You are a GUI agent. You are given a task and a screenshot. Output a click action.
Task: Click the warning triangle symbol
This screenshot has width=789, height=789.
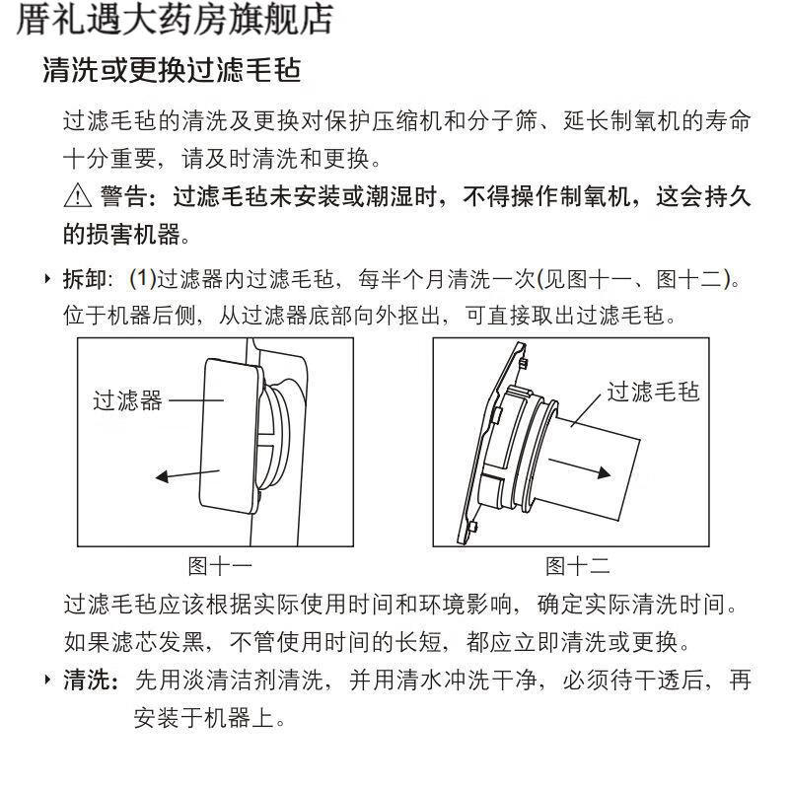[78, 195]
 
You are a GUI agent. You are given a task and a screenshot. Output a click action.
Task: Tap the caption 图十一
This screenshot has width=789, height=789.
[220, 566]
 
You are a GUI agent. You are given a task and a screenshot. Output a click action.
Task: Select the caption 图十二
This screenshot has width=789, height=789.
[578, 566]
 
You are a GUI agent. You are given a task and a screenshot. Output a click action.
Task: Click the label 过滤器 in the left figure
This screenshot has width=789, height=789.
[128, 400]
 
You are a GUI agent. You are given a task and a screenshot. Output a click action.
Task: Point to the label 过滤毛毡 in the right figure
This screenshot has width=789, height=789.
[653, 392]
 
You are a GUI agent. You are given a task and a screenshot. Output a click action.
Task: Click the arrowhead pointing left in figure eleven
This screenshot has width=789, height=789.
[162, 476]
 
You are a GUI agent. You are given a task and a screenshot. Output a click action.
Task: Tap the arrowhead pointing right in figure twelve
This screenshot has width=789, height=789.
[604, 472]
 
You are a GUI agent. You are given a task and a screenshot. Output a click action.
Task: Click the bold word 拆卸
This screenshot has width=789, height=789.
[85, 279]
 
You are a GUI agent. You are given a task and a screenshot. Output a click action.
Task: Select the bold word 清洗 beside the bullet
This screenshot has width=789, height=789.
[85, 680]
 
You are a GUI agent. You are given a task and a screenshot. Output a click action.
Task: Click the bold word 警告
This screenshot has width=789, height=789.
[124, 195]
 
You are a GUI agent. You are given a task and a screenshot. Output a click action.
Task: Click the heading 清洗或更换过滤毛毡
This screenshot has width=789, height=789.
[172, 70]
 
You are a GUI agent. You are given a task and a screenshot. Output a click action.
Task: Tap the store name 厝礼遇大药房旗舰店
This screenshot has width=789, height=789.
[175, 20]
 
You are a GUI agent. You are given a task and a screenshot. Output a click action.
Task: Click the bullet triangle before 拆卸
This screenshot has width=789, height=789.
[47, 279]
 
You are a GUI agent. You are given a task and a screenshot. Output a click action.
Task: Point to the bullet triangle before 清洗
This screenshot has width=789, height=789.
[47, 680]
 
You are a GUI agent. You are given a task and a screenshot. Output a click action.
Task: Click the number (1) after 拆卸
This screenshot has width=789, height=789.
[143, 279]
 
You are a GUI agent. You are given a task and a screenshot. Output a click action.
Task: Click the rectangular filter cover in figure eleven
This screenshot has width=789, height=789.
[231, 436]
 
